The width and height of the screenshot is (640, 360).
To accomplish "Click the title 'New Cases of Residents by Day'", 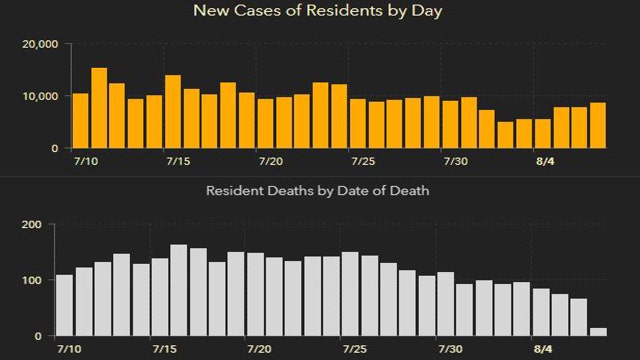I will (x=319, y=12).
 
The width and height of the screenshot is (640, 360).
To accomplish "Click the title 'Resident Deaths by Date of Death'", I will (x=318, y=190).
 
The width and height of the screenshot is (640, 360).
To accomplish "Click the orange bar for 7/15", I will (x=173, y=111).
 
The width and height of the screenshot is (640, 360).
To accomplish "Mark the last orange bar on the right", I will (x=598, y=125).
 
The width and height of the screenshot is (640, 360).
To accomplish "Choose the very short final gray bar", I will (x=598, y=331).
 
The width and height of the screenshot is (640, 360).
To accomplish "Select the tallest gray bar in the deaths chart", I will (x=179, y=290).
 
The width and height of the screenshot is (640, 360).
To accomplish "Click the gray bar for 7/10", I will (x=65, y=305).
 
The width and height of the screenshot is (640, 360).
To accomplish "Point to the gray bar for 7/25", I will (x=350, y=294).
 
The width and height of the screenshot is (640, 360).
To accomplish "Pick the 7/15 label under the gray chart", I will (x=164, y=350).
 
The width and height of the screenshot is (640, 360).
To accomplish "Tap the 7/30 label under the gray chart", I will (x=450, y=350).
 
